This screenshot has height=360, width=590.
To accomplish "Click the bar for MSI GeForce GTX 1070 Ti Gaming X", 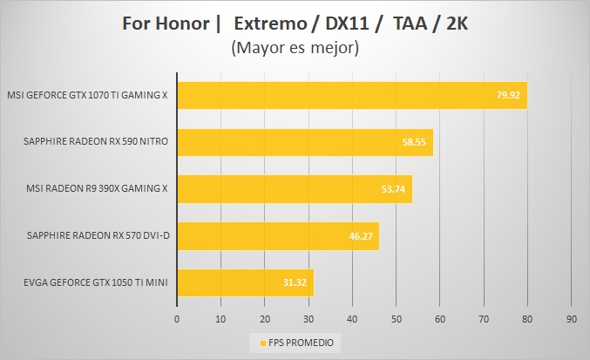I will pyautogui.click(x=349, y=95).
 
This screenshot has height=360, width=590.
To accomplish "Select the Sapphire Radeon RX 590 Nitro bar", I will pyautogui.click(x=305, y=142).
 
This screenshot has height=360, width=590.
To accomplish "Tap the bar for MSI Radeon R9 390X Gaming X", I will pyautogui.click(x=295, y=189).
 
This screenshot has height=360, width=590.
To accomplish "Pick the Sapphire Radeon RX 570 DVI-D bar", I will pyautogui.click(x=278, y=236).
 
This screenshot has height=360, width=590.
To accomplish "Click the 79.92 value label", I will pyautogui.click(x=507, y=95).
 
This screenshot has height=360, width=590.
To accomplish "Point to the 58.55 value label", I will pyautogui.click(x=413, y=142).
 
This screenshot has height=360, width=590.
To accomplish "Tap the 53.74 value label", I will pyautogui.click(x=392, y=189).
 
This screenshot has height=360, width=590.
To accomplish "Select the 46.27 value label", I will pyautogui.click(x=360, y=236).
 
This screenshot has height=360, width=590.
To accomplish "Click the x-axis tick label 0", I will pyautogui.click(x=177, y=320).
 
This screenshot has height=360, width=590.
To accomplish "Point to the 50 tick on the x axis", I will pyautogui.click(x=396, y=320).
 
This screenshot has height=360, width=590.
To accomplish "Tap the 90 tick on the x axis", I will pyautogui.click(x=571, y=320).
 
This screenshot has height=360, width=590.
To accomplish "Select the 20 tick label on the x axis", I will pyautogui.click(x=265, y=320).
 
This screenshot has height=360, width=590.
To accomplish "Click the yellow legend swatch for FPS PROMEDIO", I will pyautogui.click(x=254, y=343).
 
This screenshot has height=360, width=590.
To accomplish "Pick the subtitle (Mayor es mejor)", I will pyautogui.click(x=295, y=49).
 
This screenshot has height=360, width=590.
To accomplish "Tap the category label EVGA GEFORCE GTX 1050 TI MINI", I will pyautogui.click(x=87, y=283).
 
